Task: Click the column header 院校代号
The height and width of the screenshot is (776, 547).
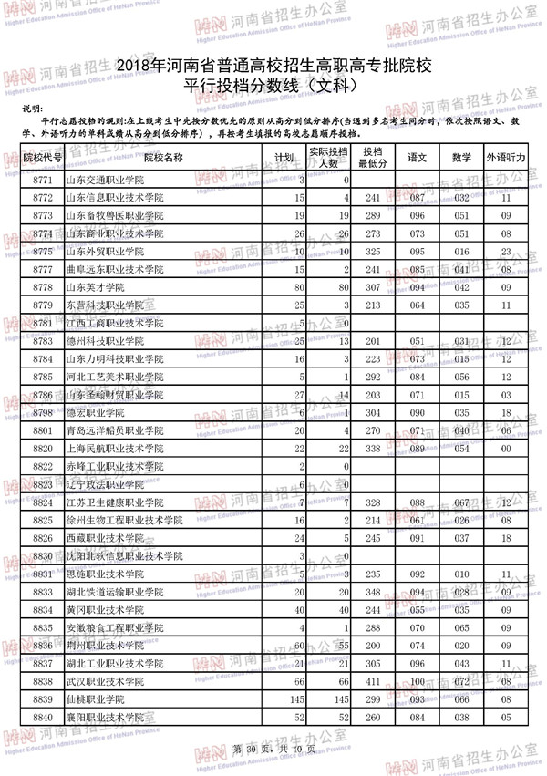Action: click(43, 157)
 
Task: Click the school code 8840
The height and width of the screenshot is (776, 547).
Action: click(43, 717)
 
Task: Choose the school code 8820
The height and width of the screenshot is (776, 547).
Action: click(43, 449)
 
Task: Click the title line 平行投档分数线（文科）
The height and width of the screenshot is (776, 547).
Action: click(273, 87)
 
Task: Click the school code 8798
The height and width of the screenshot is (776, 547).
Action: click(43, 413)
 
